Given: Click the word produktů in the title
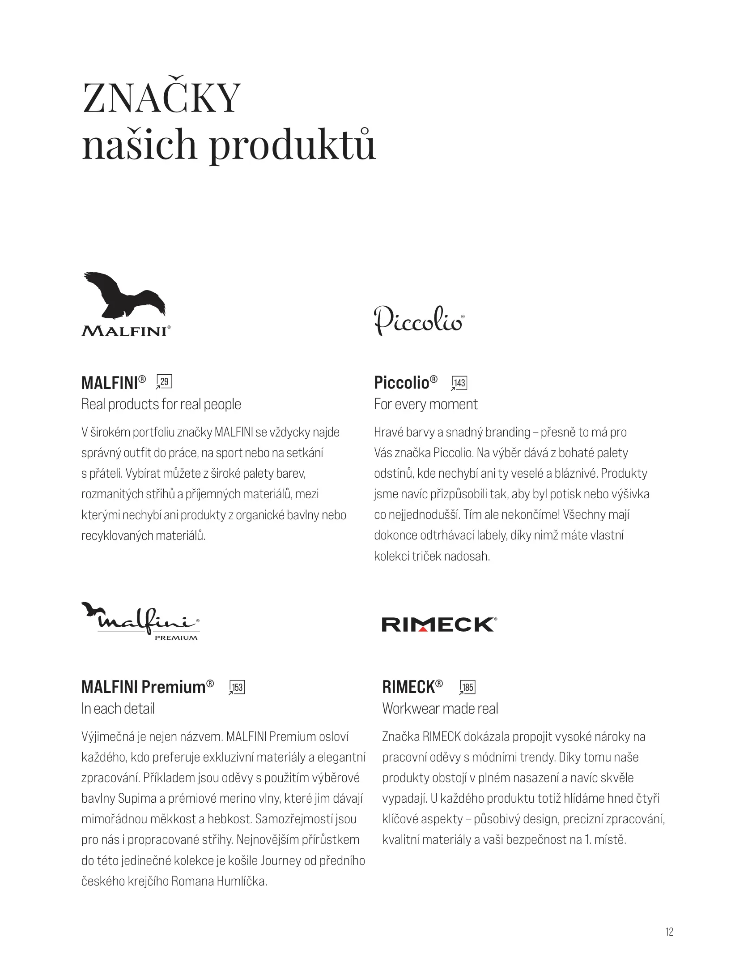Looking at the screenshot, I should (292, 145).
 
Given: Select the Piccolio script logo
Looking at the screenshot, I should (419, 320).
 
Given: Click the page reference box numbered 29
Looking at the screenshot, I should (165, 382).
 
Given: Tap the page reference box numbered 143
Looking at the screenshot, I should (459, 383).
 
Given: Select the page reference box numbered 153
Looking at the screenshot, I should (237, 687).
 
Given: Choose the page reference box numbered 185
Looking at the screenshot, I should (467, 687).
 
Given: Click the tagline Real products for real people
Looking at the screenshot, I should (161, 404).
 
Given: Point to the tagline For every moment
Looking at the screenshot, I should (426, 404).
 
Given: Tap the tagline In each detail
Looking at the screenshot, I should (118, 709).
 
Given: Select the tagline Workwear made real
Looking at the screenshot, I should (440, 709).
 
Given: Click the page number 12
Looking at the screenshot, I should (669, 932).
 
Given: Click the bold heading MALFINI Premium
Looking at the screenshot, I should (143, 687).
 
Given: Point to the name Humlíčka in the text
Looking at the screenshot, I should (242, 881).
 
